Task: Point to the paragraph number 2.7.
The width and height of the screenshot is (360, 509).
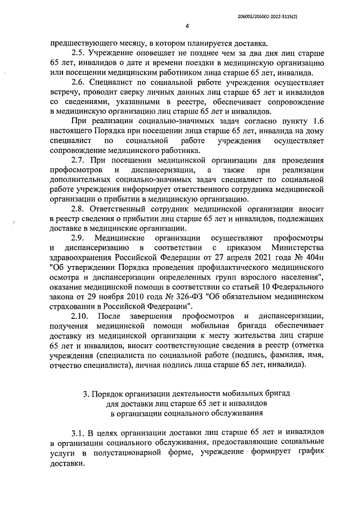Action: [x=79, y=159]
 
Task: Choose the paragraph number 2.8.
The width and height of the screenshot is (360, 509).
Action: [x=79, y=208]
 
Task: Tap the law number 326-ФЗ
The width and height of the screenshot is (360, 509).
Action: [x=170, y=296]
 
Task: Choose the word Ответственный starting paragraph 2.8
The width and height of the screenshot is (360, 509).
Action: [x=124, y=208]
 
